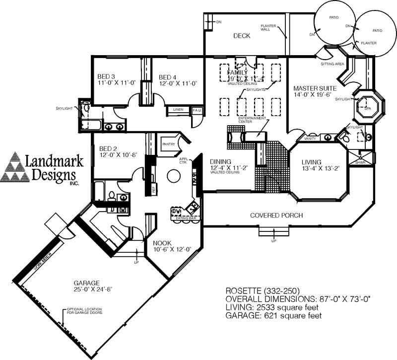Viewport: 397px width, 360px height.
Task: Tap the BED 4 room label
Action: click(x=169, y=77)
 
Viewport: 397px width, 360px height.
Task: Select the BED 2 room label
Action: click(x=109, y=148)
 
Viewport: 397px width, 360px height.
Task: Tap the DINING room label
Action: click(x=221, y=162)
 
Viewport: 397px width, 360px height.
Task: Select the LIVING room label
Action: click(x=311, y=162)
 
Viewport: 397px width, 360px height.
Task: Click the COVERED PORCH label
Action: click(x=276, y=215)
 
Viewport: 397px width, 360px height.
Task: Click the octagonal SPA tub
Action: click(x=368, y=105)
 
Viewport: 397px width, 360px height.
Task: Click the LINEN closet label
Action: click(x=178, y=110)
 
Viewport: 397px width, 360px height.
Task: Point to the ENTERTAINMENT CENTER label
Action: click(x=252, y=120)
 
